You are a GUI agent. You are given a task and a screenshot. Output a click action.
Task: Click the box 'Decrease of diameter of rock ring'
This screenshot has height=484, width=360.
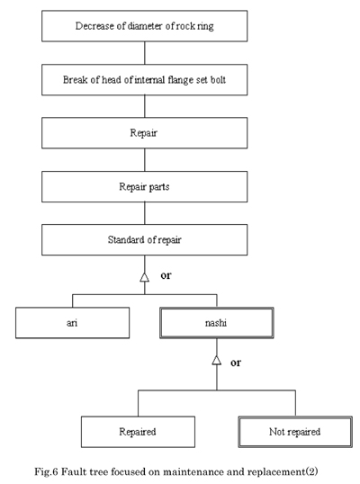pos(145,26)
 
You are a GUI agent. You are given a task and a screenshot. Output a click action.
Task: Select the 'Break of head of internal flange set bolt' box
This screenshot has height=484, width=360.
pos(145,80)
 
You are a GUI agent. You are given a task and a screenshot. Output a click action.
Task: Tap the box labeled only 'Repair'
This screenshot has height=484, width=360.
pos(145,133)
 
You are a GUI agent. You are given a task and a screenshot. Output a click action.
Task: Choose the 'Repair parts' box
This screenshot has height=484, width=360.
pos(145,187)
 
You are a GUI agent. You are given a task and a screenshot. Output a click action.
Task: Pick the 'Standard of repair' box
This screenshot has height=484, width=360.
pos(145,240)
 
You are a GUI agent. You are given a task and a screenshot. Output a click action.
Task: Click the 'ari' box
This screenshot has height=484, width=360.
pos(73,323)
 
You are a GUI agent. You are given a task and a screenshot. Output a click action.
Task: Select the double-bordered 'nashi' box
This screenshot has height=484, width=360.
pos(217,323)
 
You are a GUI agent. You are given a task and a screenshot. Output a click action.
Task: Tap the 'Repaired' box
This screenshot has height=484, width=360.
pos(138,432)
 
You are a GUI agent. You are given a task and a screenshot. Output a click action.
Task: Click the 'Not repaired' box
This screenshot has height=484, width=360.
pos(295,432)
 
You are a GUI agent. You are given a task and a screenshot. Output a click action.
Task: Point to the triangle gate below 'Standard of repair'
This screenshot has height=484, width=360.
pos(145,277)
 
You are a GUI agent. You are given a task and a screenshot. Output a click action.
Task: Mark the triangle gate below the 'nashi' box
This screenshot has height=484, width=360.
pos(217,360)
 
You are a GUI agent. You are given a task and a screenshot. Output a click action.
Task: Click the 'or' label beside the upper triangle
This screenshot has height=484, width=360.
pos(166,275)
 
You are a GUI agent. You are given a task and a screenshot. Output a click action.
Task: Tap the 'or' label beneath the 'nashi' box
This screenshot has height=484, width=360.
pos(236,363)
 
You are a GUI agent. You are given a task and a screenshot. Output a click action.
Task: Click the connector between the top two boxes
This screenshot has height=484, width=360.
pos(145,53)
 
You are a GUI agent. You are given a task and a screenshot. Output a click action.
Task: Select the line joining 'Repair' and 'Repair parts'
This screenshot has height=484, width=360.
pos(145,160)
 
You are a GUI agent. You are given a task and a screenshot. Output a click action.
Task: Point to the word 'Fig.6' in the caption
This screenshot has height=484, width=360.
pos(46,471)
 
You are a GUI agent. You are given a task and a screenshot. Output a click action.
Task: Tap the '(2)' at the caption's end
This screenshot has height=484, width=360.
pos(311,471)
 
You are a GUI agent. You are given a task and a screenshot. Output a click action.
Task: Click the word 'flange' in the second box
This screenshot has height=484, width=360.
pos(180,80)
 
